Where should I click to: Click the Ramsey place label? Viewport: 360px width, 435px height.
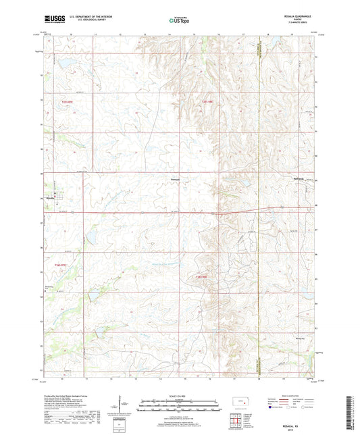click(174, 179)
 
